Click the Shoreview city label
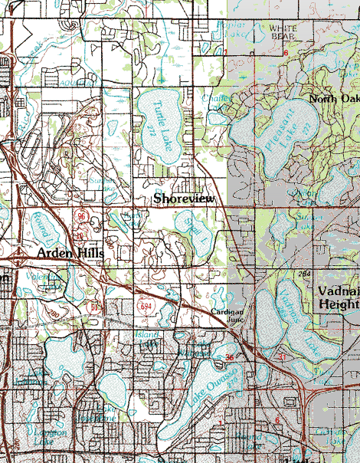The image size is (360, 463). click(185, 199)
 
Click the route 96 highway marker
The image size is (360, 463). click(82, 217)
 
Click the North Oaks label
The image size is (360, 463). click(334, 100)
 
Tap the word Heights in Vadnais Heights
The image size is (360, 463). click(338, 304)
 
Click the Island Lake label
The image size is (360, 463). click(147, 335)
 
